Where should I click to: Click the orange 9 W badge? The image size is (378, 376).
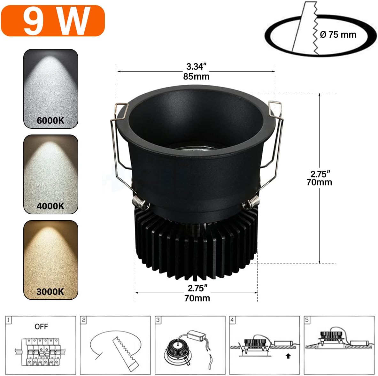(x=53, y=21)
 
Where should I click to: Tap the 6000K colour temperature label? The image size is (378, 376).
(x=50, y=120)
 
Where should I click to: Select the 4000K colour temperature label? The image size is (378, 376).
(x=50, y=206)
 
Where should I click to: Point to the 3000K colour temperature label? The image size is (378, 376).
(x=50, y=292)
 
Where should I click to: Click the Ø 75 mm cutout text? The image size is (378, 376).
(x=338, y=35)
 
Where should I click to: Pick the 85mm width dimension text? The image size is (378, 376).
(x=196, y=76)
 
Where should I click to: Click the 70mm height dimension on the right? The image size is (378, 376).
(x=319, y=182)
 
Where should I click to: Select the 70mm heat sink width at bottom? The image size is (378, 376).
(x=197, y=298)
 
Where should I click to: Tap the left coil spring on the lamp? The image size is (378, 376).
(x=140, y=202)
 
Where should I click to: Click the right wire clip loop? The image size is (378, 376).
(x=275, y=109)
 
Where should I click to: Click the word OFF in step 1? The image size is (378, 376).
(x=41, y=326)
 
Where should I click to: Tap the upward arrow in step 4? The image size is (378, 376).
(x=288, y=356)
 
